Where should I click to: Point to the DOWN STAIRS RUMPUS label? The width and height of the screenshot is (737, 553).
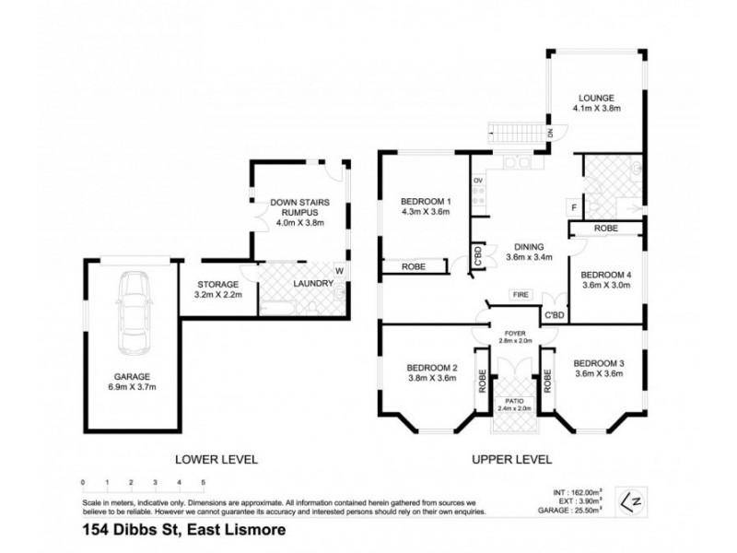point(295,209)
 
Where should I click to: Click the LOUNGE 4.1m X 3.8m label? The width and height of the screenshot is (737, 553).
point(596,102)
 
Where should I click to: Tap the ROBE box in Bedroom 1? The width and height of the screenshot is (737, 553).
point(412,266)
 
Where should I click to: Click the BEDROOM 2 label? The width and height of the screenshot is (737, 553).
point(432,372)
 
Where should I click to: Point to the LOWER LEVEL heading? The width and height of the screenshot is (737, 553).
point(219,458)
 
